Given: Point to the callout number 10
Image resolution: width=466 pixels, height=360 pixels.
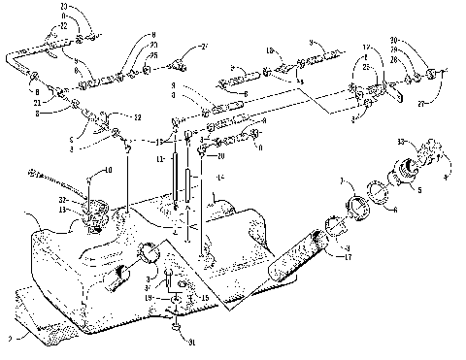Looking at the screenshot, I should (x=107, y=171).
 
